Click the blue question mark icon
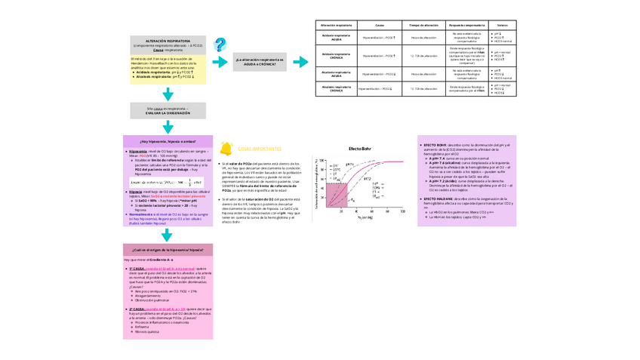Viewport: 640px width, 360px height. pos(220,45)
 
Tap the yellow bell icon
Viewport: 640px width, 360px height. pos(224,149)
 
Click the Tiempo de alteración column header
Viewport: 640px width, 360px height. pos(423,25)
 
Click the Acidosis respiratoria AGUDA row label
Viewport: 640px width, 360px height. pos(337,37)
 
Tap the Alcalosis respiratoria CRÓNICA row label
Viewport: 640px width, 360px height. pos(337,89)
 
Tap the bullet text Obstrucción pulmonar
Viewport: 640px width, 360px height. pos(151,300)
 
